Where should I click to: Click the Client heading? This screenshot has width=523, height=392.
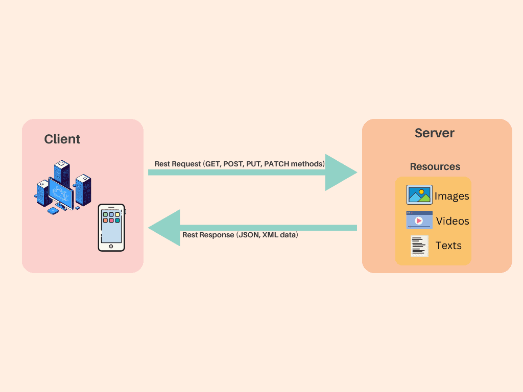pyautogui.click(x=62, y=139)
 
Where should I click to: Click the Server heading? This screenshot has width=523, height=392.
pyautogui.click(x=434, y=133)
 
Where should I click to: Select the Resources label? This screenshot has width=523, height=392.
pyautogui.click(x=435, y=167)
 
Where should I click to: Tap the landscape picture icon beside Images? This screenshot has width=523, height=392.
pyautogui.click(x=419, y=195)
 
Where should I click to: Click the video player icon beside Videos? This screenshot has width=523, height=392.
pyautogui.click(x=419, y=220)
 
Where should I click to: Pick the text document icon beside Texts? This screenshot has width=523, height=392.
pyautogui.click(x=419, y=246)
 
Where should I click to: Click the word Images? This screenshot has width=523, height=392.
pyautogui.click(x=451, y=196)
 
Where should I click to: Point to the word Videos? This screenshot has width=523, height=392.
pyautogui.click(x=453, y=221)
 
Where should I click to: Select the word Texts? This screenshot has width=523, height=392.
pyautogui.click(x=448, y=246)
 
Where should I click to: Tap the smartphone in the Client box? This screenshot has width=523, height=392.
pyautogui.click(x=111, y=228)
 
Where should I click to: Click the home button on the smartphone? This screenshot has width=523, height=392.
pyautogui.click(x=111, y=247)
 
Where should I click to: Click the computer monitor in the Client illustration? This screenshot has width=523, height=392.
pyautogui.click(x=61, y=192)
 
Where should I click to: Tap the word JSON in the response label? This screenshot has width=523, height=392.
pyautogui.click(x=248, y=235)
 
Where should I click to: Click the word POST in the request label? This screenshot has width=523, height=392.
pyautogui.click(x=233, y=164)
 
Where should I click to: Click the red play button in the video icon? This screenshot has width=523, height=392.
pyautogui.click(x=419, y=221)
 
